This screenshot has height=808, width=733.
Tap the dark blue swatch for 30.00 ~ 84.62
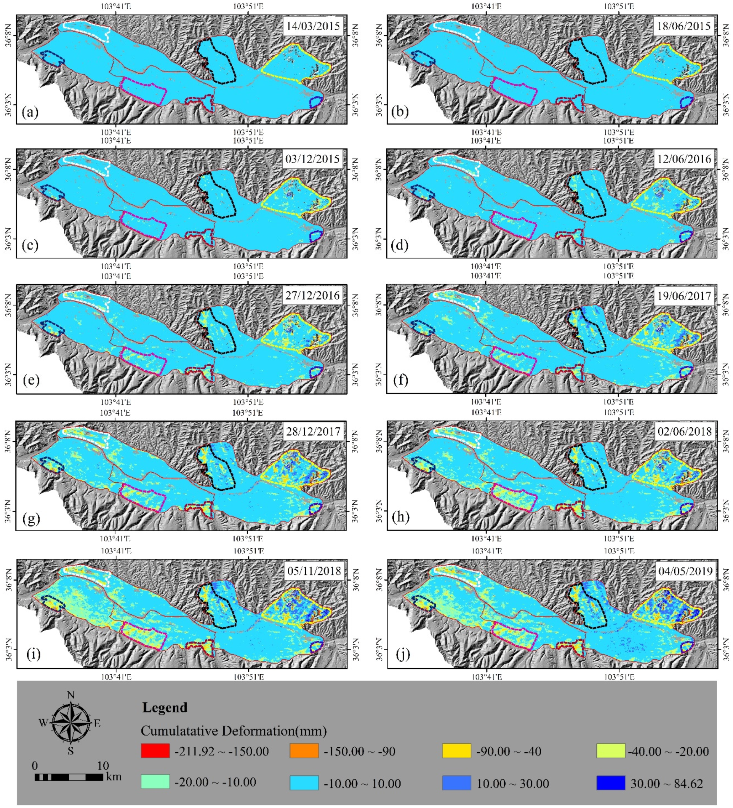coord(610,783)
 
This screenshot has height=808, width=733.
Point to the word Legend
coord(165,707)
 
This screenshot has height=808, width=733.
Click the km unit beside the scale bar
coord(114,777)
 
